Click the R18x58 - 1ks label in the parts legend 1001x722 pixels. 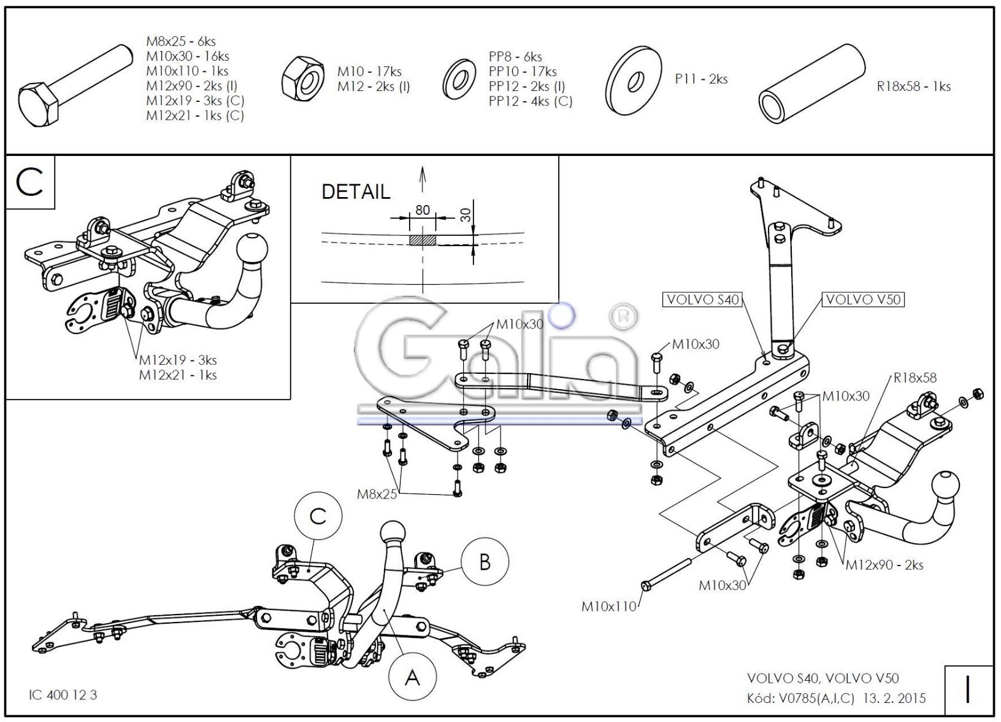click(x=913, y=87)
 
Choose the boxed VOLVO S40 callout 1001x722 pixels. click(x=702, y=300)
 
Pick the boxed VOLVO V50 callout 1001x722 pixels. click(x=863, y=300)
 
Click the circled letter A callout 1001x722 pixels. click(x=413, y=678)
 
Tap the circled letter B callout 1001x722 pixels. click(x=485, y=562)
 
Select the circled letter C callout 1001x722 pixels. click(x=317, y=517)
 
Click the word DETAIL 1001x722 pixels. click(x=356, y=192)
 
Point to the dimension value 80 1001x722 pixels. click(x=423, y=210)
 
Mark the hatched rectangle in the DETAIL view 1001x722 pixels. click(x=423, y=239)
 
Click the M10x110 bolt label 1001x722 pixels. click(x=609, y=607)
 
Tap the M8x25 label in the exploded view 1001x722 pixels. click(x=377, y=493)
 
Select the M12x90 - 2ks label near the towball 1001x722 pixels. click(x=884, y=565)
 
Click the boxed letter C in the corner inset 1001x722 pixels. click(x=30, y=183)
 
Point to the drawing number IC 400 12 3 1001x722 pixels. click(x=63, y=695)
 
